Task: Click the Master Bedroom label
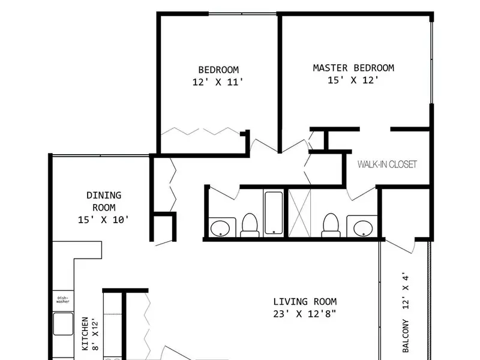click(353, 68)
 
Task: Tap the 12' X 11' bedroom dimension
click(218, 82)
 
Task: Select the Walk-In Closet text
click(387, 164)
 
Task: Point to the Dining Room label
click(104, 201)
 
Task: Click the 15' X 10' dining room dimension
click(103, 220)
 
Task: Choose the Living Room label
click(305, 302)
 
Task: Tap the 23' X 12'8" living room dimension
click(305, 314)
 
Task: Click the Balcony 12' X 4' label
click(406, 312)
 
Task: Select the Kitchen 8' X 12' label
click(90, 334)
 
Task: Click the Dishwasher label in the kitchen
click(63, 299)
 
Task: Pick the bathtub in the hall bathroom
click(274, 213)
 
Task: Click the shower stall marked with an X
click(299, 213)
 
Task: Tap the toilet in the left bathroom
click(250, 225)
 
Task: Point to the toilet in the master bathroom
click(331, 225)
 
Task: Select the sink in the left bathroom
click(220, 228)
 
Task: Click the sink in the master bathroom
click(363, 228)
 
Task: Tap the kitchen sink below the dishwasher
click(63, 324)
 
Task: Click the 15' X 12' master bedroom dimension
click(353, 80)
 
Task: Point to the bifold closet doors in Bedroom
click(201, 131)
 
